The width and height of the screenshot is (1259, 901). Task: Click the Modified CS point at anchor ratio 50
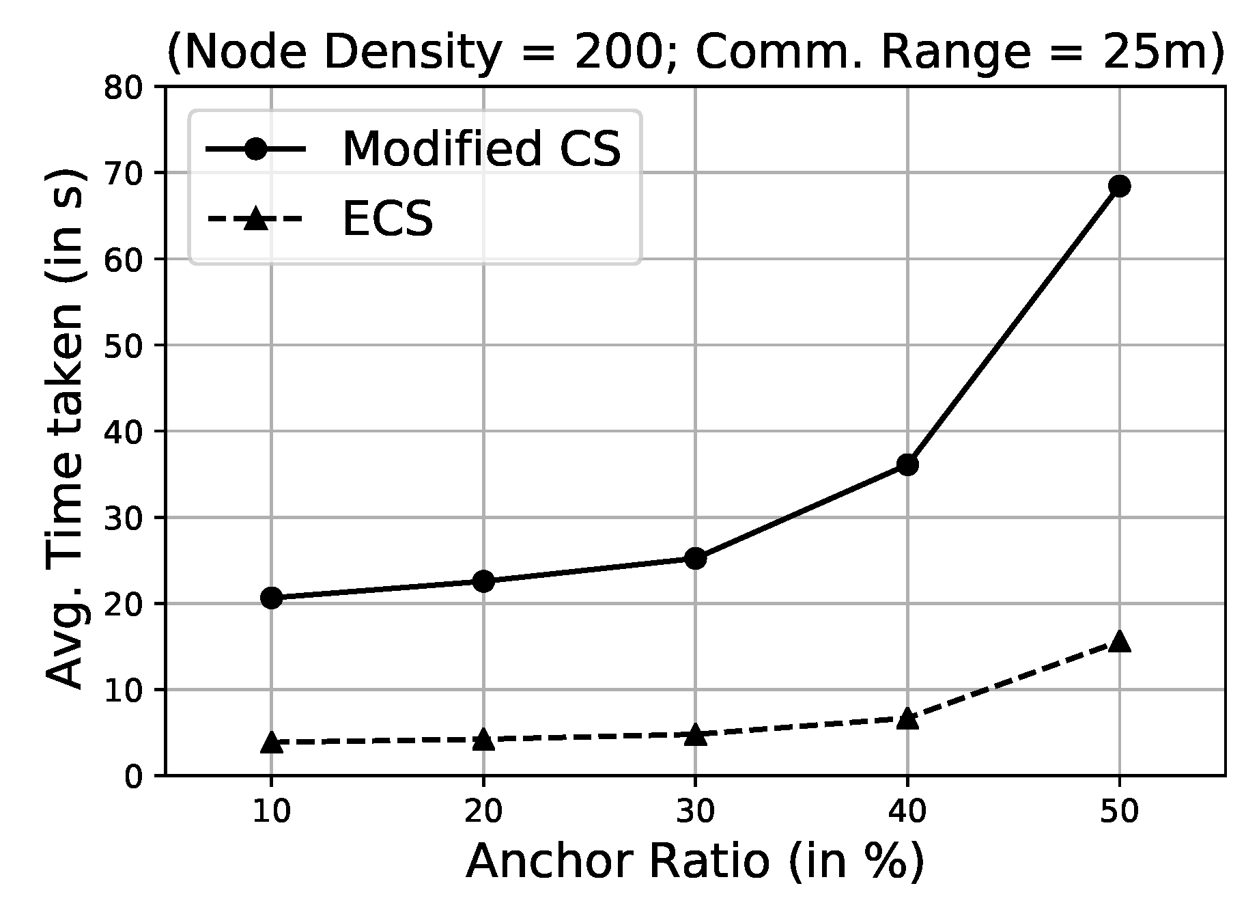click(x=1119, y=186)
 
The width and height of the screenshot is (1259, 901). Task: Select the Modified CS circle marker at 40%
click(x=907, y=465)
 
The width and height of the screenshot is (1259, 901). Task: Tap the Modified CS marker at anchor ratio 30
click(x=695, y=559)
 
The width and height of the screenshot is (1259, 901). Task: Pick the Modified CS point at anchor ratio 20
click(x=483, y=581)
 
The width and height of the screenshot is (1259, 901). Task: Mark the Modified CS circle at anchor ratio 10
click(x=272, y=598)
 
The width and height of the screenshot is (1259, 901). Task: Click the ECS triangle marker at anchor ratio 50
click(x=1119, y=642)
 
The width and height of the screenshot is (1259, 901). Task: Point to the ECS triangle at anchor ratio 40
click(x=907, y=719)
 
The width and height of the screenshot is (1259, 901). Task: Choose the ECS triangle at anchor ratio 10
click(x=272, y=743)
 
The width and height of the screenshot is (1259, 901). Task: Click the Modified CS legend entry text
click(x=481, y=150)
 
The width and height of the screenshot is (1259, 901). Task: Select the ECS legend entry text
click(x=387, y=221)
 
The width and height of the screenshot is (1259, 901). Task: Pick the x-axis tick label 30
click(x=695, y=812)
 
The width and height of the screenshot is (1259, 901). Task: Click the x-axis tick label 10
click(x=272, y=812)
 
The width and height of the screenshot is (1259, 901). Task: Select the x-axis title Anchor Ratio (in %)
click(x=695, y=862)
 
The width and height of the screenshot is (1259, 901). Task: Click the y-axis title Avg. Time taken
click(x=66, y=430)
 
